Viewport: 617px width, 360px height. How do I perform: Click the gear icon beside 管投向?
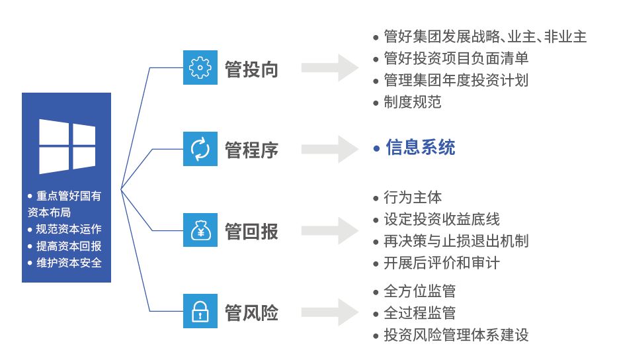(200, 67)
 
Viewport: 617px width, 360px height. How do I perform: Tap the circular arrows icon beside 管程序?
(200, 149)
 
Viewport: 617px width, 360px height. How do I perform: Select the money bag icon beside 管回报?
(200, 230)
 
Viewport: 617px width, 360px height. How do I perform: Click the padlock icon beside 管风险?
(200, 311)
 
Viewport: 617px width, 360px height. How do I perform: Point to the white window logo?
(67, 146)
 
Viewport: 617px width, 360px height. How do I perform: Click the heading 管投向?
(251, 69)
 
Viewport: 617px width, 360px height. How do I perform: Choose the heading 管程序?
(251, 150)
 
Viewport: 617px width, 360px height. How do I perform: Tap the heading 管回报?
(251, 231)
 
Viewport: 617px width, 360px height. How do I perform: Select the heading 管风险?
(251, 313)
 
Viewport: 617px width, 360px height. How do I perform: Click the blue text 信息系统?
(420, 148)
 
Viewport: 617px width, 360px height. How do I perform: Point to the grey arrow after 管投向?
(330, 67)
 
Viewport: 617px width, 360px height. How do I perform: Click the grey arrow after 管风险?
(330, 312)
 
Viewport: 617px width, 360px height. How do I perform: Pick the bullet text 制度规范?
(413, 102)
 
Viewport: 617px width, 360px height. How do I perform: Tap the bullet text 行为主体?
(413, 197)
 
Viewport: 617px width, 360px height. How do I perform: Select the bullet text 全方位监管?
(419, 291)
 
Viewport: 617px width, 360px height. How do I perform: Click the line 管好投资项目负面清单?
(456, 58)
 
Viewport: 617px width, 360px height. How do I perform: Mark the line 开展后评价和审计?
(442, 263)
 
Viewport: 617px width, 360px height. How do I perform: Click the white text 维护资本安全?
(69, 263)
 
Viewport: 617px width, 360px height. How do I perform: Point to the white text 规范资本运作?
(69, 229)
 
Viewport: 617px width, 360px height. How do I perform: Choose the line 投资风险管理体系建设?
(456, 335)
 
